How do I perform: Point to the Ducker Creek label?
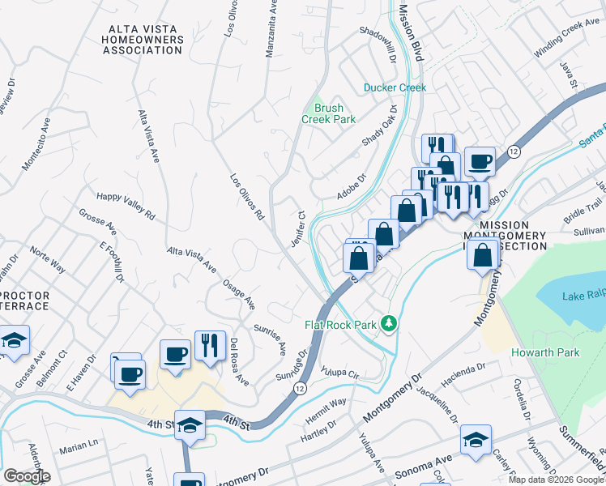tap(395, 87)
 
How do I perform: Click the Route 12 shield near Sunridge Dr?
tap(301, 390)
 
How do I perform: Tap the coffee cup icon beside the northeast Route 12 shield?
tap(479, 161)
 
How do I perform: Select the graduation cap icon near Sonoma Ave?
tap(476, 440)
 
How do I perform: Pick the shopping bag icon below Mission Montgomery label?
tap(483, 254)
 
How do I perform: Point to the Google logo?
tap(26, 476)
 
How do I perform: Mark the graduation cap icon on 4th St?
tap(190, 425)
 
